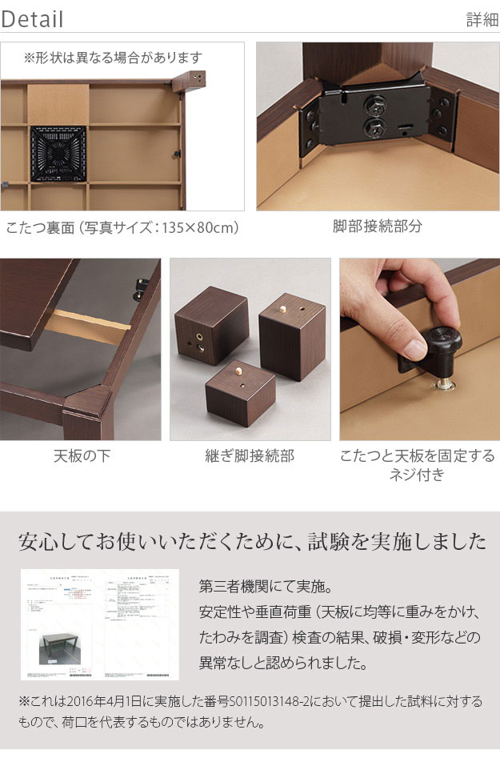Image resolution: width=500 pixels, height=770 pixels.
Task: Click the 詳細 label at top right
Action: (x=482, y=20)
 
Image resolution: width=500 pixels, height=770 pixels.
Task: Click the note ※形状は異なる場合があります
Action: (x=113, y=58)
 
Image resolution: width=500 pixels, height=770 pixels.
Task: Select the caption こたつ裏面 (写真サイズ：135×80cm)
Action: (x=123, y=227)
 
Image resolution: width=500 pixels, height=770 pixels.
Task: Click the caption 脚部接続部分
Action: (x=378, y=227)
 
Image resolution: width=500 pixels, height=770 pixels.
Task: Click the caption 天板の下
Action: (x=81, y=456)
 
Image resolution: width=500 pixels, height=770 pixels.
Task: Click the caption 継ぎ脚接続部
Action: (x=250, y=456)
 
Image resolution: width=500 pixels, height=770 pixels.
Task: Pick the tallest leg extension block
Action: (x=292, y=334)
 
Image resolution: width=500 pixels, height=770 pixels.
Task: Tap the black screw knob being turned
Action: (x=440, y=344)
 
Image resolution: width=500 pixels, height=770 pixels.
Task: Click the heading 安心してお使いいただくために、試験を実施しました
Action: (x=250, y=542)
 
